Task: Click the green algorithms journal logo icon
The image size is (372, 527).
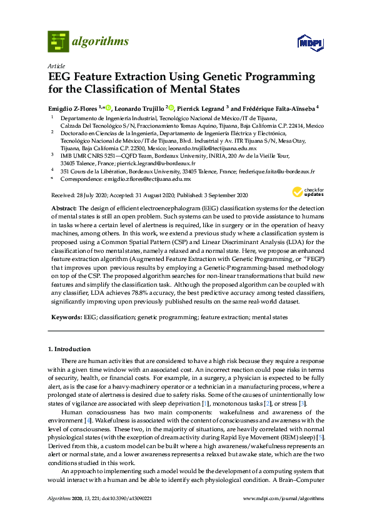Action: (58, 42)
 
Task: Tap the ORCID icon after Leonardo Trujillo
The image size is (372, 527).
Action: (171, 108)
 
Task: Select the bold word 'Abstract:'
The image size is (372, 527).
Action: (64, 207)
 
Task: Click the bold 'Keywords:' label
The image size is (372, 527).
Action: (66, 317)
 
